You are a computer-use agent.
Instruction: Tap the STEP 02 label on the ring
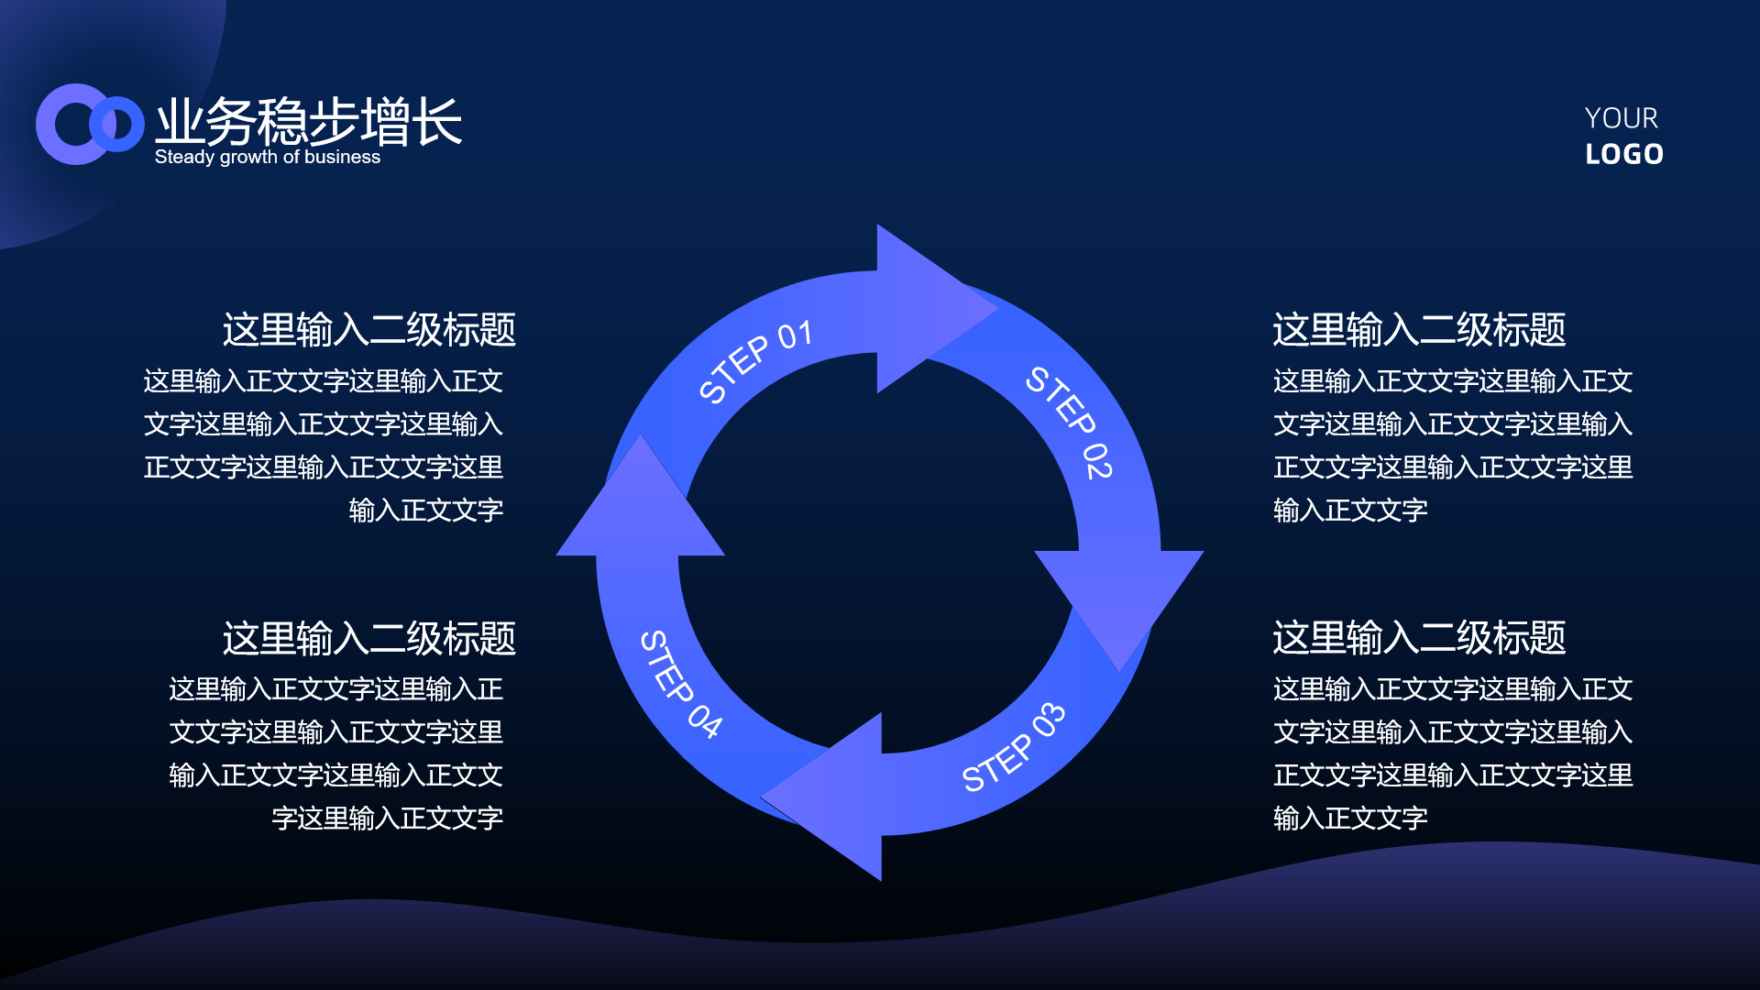pyautogui.click(x=1069, y=423)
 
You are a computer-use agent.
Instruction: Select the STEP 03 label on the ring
pyautogui.click(x=1013, y=747)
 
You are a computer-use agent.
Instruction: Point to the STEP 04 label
pyautogui.click(x=680, y=684)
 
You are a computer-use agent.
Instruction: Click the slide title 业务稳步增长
pyautogui.click(x=308, y=122)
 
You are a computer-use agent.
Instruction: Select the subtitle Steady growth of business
pyautogui.click(x=267, y=157)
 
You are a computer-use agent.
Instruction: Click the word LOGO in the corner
pyautogui.click(x=1624, y=154)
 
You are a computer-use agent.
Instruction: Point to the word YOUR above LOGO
pyautogui.click(x=1621, y=118)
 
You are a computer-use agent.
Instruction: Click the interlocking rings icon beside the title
pyautogui.click(x=90, y=125)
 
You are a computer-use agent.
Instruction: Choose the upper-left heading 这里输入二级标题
pyautogui.click(x=368, y=330)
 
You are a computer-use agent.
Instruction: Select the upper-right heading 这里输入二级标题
pyautogui.click(x=1419, y=330)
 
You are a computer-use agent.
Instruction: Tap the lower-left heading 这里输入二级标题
pyautogui.click(x=368, y=638)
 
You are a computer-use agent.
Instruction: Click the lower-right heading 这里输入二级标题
pyautogui.click(x=1419, y=638)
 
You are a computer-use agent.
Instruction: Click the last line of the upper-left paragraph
pyautogui.click(x=425, y=511)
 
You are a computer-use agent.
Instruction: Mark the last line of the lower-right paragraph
pyautogui.click(x=1350, y=819)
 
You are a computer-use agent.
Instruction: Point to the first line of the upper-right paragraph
pyautogui.click(x=1453, y=381)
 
